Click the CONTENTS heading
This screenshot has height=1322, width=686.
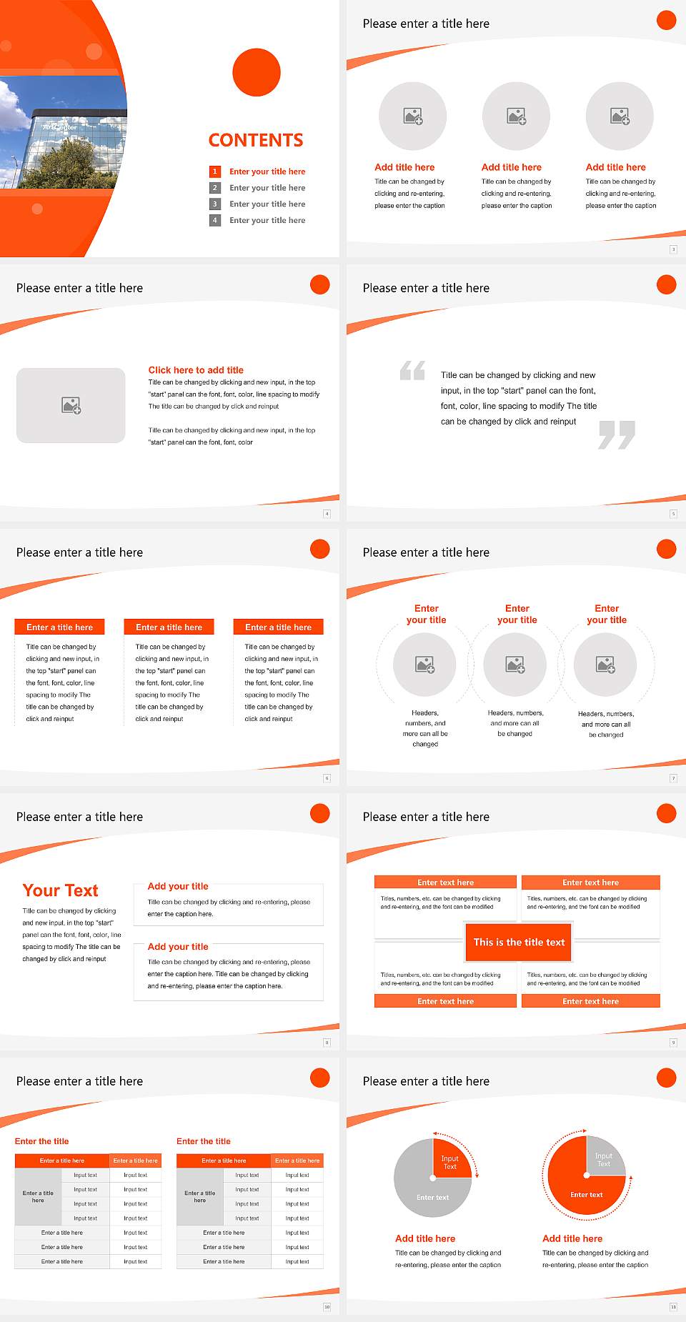point(256,140)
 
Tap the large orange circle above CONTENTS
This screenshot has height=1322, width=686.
point(257,72)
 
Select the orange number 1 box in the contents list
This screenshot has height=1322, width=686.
point(214,172)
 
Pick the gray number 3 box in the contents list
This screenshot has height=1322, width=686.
point(214,204)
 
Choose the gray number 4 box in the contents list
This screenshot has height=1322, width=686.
point(214,221)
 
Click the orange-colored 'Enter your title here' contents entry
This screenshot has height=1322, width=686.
point(267,172)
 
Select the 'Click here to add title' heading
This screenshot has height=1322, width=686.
point(196,370)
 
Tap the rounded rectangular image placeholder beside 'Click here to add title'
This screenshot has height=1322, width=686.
point(71,405)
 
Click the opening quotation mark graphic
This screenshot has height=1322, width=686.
point(412,370)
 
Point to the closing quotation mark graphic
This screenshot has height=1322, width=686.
point(617,434)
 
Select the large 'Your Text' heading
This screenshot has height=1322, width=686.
point(61,890)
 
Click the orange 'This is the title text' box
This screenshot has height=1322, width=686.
point(519,943)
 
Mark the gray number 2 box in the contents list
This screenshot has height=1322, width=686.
point(214,188)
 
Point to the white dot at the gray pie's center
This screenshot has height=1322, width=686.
point(433,1178)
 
